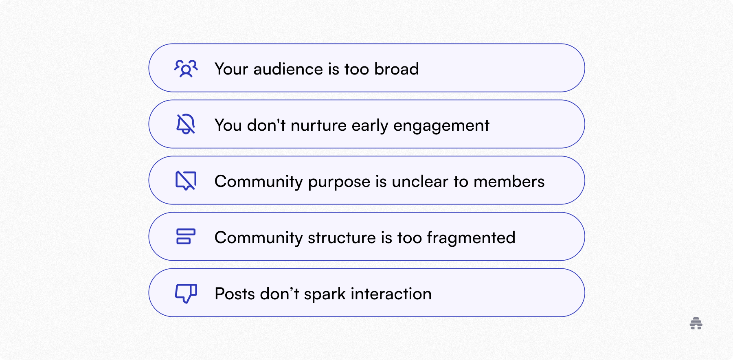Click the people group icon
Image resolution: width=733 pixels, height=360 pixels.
[x=186, y=68]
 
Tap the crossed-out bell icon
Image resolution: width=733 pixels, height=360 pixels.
[x=186, y=124]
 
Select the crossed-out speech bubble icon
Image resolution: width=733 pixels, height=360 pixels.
[x=186, y=180]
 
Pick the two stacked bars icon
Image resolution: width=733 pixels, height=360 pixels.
[x=186, y=237]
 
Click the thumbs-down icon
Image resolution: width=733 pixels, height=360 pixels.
[x=186, y=293]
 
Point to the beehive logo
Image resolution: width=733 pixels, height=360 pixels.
[x=696, y=323]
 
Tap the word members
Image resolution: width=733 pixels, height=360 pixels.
[x=509, y=182]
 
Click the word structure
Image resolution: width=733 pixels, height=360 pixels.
[x=342, y=238]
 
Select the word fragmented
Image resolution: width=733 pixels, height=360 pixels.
[x=471, y=238]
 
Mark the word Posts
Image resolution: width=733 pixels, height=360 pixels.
[x=235, y=294]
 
